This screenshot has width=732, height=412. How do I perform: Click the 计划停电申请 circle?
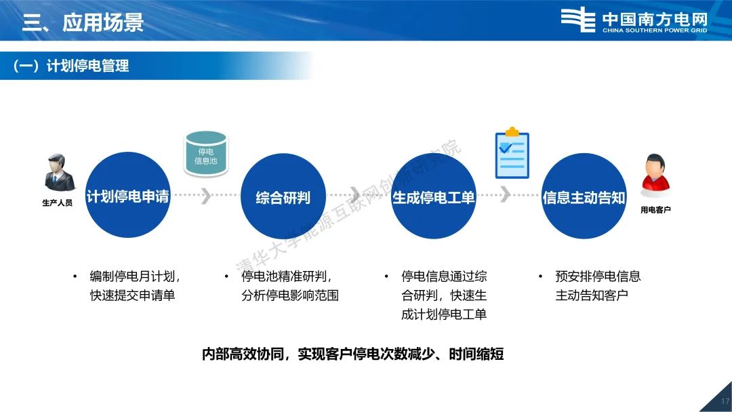[127, 195]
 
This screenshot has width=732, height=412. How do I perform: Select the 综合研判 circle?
[283, 196]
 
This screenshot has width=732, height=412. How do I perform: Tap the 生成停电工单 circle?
[434, 196]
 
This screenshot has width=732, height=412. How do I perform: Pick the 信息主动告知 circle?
[584, 196]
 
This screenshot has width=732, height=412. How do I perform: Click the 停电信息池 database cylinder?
[206, 154]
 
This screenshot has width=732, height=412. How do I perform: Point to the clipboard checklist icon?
[512, 152]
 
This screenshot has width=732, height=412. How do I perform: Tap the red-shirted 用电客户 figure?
[655, 176]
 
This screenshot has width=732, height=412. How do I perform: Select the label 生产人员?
[58, 203]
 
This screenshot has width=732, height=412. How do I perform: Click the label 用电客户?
[655, 210]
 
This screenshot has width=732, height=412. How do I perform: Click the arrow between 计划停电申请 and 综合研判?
[205, 195]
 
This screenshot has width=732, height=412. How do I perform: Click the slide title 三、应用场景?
[83, 22]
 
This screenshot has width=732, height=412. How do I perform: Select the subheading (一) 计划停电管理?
[71, 66]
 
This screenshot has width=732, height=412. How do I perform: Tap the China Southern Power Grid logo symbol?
[578, 20]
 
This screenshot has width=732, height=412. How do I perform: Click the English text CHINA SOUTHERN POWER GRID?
[655, 30]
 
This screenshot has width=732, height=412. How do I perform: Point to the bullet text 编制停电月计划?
[132, 276]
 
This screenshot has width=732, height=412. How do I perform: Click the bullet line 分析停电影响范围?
[290, 295]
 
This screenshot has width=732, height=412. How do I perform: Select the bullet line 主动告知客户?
[592, 295]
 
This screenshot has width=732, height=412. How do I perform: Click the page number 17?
[725, 401]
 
